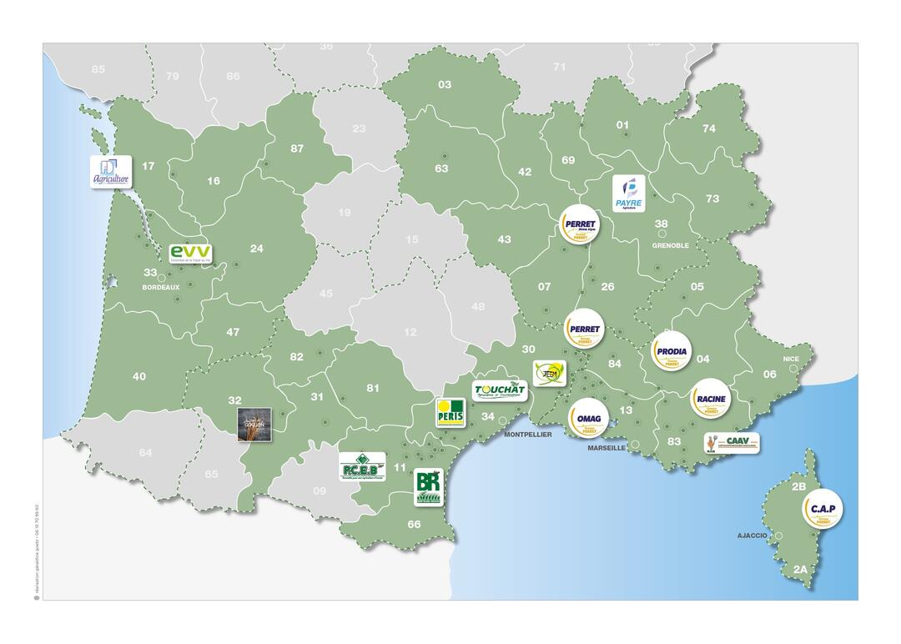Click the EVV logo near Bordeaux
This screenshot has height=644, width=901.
pyautogui.click(x=191, y=254)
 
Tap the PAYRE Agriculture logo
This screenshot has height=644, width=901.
pyautogui.click(x=629, y=194)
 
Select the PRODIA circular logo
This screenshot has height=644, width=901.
pyautogui.click(x=672, y=353)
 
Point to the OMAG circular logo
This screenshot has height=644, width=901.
pyautogui.click(x=588, y=417)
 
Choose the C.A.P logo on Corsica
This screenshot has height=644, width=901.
pyautogui.click(x=822, y=510)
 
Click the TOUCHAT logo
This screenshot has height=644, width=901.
pyautogui.click(x=500, y=390)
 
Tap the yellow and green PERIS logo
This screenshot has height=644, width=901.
pyautogui.click(x=450, y=412)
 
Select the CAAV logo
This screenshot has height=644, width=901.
pyautogui.click(x=732, y=442)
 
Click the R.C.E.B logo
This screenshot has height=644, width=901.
pyautogui.click(x=362, y=467)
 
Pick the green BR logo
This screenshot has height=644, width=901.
pyautogui.click(x=428, y=486)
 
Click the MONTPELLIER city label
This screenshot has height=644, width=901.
pyautogui.click(x=527, y=435)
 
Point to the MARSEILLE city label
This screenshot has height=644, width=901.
pyautogui.click(x=607, y=448)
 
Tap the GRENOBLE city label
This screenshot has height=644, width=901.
pyautogui.click(x=671, y=245)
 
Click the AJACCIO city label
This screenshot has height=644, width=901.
pyautogui.click(x=752, y=535)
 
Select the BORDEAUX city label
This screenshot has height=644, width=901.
pyautogui.click(x=161, y=287)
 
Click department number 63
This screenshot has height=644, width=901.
pyautogui.click(x=441, y=169)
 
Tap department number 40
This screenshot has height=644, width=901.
pyautogui.click(x=139, y=376)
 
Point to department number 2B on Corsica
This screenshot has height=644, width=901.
pyautogui.click(x=798, y=486)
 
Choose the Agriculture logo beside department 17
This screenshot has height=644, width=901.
pyautogui.click(x=112, y=172)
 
